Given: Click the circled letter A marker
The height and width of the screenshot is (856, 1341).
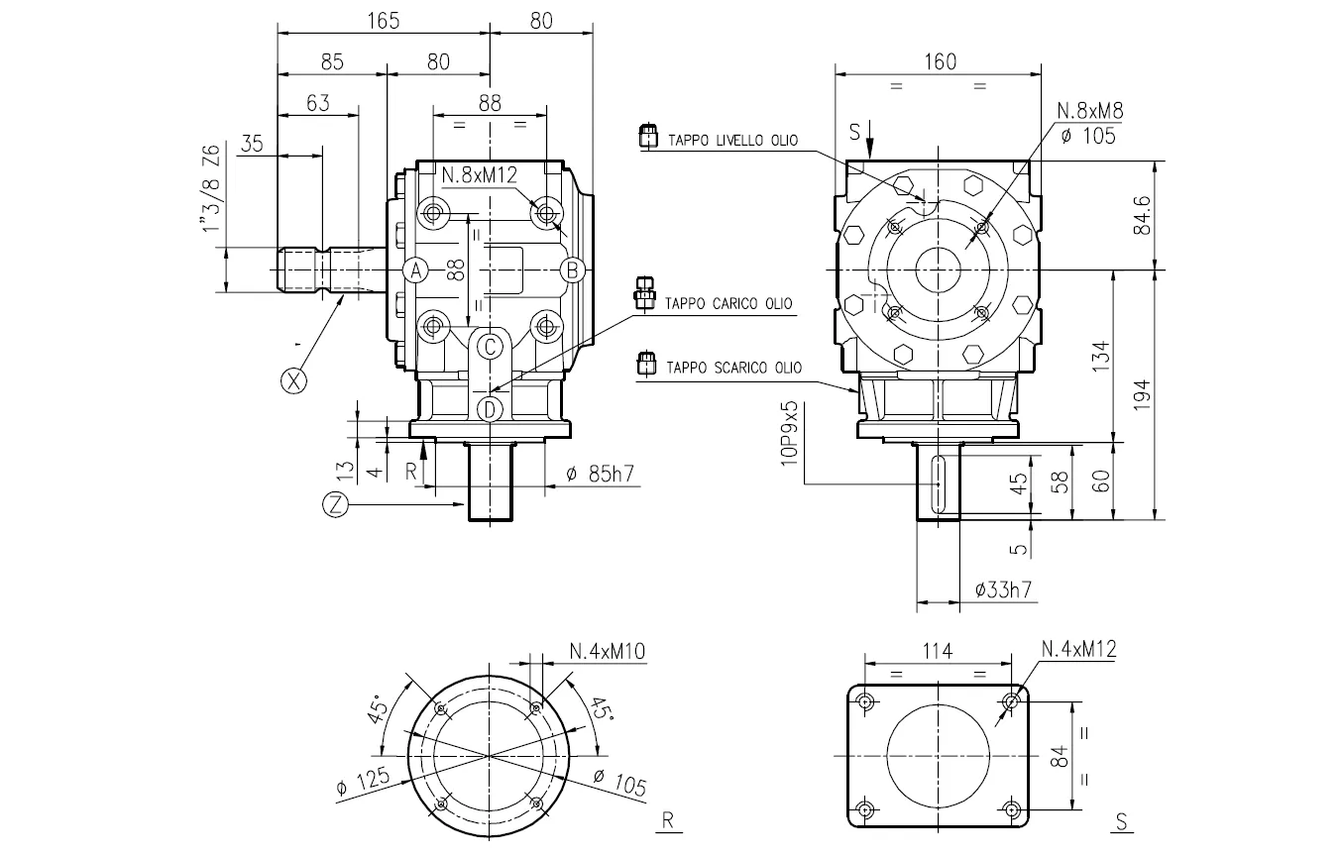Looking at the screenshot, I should pyautogui.click(x=417, y=269).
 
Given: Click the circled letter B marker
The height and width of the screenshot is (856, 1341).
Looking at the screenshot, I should pyautogui.click(x=571, y=269).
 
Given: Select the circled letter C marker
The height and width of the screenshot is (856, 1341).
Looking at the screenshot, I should pyautogui.click(x=490, y=347).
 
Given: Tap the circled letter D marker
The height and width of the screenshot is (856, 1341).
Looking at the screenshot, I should pyautogui.click(x=490, y=408).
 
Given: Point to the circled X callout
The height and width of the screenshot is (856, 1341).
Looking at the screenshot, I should pyautogui.click(x=293, y=379).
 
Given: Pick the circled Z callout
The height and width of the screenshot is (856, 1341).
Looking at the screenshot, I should pyautogui.click(x=337, y=504).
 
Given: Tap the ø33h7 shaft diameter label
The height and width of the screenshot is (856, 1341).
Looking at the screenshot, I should pyautogui.click(x=1003, y=589).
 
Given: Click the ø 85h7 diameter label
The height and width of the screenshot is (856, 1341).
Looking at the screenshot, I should pyautogui.click(x=600, y=475).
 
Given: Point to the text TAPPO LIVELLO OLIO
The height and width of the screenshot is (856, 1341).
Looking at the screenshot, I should pyautogui.click(x=732, y=140).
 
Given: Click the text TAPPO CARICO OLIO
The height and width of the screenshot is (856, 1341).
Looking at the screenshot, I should pyautogui.click(x=728, y=303).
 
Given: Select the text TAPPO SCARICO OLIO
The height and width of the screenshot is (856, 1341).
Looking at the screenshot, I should pyautogui.click(x=733, y=368).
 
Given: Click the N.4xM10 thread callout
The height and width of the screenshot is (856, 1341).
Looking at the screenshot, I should pyautogui.click(x=608, y=651).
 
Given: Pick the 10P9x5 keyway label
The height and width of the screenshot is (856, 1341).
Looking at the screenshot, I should pyautogui.click(x=790, y=432).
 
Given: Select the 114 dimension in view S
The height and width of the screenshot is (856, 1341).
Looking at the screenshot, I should pyautogui.click(x=937, y=651).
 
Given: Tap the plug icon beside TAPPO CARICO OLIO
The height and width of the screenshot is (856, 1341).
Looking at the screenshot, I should pyautogui.click(x=644, y=294).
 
